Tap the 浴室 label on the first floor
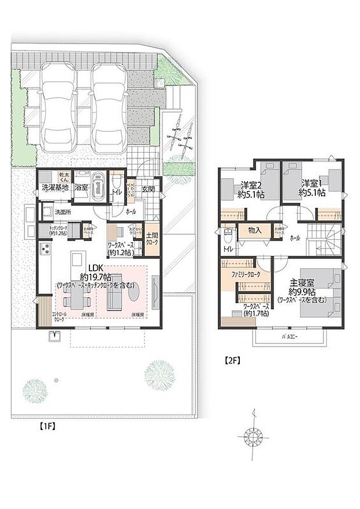coord(81,188)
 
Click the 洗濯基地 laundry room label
coord(55,188)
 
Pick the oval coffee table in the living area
coord(133,295)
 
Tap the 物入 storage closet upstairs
coord(254,230)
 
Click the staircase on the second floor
coord(323,237)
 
